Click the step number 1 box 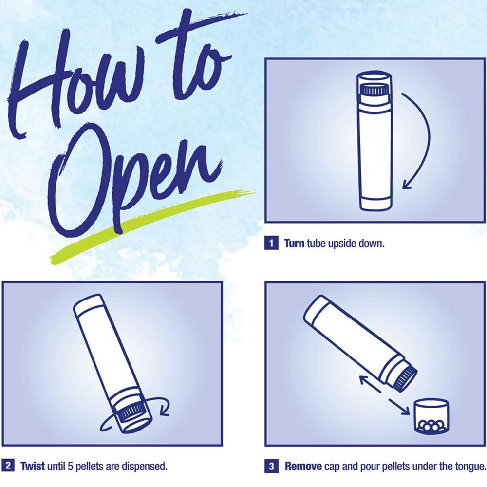click(x=271, y=243)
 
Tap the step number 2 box click(x=8, y=466)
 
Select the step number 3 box click(x=271, y=466)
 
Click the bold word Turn click(x=294, y=243)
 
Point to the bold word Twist click(x=32, y=466)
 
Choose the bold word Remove click(x=303, y=466)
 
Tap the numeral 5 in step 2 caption click(x=71, y=466)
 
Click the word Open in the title click(x=133, y=183)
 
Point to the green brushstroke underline click(x=152, y=227)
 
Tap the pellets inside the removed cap click(x=431, y=426)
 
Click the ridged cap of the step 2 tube click(x=131, y=413)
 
